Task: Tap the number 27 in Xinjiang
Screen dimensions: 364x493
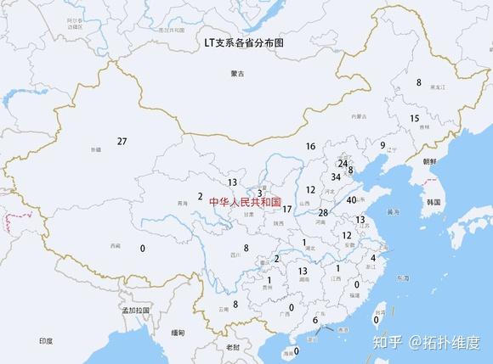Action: [x=122, y=141]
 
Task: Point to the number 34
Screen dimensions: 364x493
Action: [x=336, y=177]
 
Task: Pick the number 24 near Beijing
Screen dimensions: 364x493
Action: [x=343, y=163]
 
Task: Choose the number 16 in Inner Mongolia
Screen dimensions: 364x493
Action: [x=310, y=146]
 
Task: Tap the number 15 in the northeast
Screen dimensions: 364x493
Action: [x=414, y=118]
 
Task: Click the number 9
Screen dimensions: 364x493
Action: [x=382, y=145]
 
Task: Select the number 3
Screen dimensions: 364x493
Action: [x=259, y=193]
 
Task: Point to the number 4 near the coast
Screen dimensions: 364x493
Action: [x=373, y=257]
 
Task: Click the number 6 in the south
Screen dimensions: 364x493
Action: [x=314, y=320]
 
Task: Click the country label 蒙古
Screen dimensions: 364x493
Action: [x=237, y=74]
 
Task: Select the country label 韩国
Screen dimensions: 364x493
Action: [x=433, y=203]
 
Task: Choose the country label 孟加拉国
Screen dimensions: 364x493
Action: [x=135, y=311]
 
